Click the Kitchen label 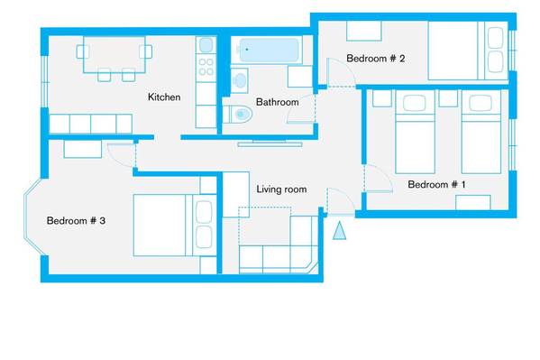(x=164, y=97)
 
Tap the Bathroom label (x=278, y=102)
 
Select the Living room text (x=281, y=189)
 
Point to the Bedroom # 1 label (x=436, y=184)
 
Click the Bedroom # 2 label (x=375, y=59)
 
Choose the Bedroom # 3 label (x=76, y=221)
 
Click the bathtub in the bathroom (x=269, y=51)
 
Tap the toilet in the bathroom (x=238, y=114)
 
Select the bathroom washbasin (x=239, y=80)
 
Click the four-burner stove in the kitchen (x=206, y=68)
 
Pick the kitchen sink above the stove (x=206, y=45)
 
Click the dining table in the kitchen (x=114, y=54)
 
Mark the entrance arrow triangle (x=339, y=230)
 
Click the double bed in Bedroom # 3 (x=175, y=226)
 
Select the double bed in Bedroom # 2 (x=468, y=51)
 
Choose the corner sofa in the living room (x=279, y=245)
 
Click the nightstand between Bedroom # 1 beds (x=448, y=98)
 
